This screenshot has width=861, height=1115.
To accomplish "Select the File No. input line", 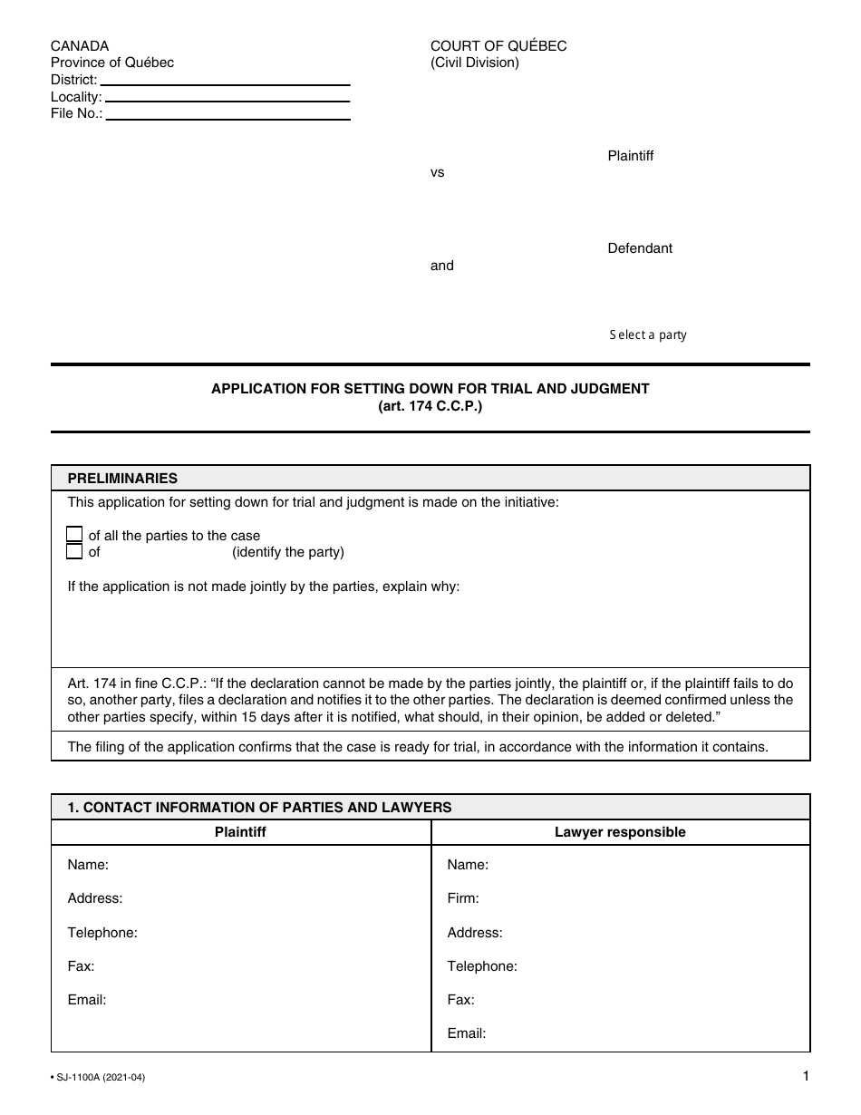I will click(x=227, y=114).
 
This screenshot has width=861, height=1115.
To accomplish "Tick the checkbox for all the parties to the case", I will click(x=75, y=535).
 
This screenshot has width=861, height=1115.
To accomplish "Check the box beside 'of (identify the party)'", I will click(x=75, y=551).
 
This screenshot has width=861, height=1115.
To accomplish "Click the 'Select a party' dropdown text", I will click(x=647, y=334).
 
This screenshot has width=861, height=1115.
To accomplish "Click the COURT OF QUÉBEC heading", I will click(x=498, y=46).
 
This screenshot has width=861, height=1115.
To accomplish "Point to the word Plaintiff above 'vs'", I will click(x=630, y=156).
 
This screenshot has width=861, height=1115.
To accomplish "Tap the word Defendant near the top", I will click(x=640, y=248).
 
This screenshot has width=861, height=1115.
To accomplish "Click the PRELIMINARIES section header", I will click(x=123, y=479).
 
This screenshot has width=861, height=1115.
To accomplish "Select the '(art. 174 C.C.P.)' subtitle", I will click(x=430, y=407).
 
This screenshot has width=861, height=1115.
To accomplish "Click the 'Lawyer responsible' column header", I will click(x=620, y=832).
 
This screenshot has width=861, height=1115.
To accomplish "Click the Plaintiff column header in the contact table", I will click(x=240, y=832).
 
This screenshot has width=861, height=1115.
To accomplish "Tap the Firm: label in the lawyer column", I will click(x=463, y=898).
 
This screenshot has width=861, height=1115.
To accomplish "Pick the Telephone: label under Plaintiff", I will click(x=102, y=932).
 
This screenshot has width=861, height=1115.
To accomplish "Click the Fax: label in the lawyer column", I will click(x=460, y=1000).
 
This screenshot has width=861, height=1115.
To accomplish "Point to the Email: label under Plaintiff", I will click(x=87, y=1000).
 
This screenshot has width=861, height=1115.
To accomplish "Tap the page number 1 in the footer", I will click(x=805, y=1077).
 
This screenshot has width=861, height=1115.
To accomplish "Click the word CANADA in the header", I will click(x=80, y=46).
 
